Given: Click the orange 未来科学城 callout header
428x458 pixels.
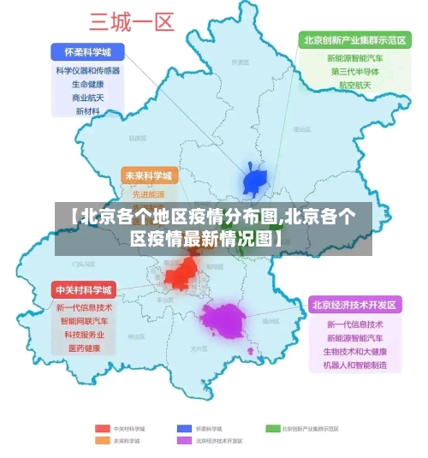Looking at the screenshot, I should coord(148,175).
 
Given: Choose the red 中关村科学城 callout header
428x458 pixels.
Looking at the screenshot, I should coord(84,289).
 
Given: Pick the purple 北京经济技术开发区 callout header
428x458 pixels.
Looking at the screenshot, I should coord(354,305).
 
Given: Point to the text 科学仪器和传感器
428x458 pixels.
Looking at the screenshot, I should coord(87,71).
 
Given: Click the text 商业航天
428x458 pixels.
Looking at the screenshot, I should coord(87,98).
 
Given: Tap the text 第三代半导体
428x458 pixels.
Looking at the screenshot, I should coord(354,72).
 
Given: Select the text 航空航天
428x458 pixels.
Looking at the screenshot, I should coord(354,86).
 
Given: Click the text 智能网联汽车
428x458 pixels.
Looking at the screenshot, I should coord(84,321).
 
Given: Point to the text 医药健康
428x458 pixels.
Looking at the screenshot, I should coord(84,348).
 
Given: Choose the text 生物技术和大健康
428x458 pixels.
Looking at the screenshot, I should coord(354,352).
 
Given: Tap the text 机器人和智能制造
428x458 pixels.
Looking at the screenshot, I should coord(354,366).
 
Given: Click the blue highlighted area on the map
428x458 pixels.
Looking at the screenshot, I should coord(256,181).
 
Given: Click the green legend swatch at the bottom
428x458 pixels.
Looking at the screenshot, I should coord(272,428).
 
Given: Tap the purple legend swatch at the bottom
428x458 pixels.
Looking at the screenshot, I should coord(183,441).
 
